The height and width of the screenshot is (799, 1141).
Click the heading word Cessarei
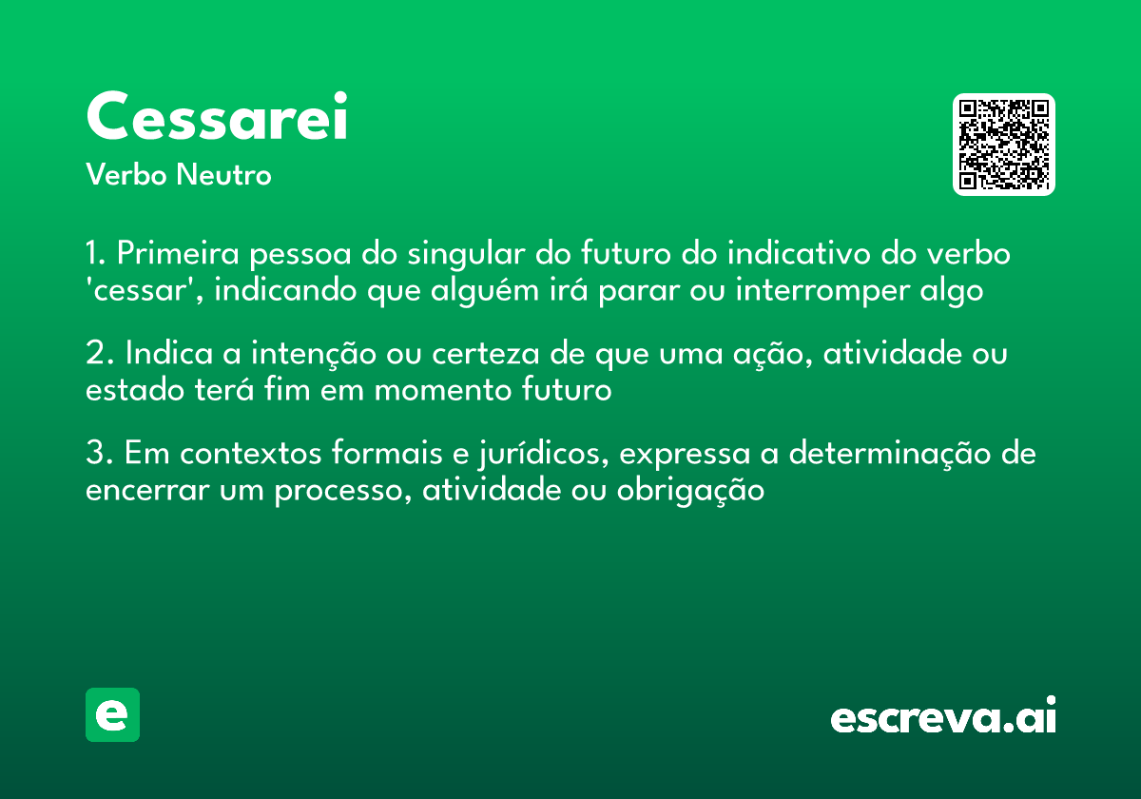coord(217,118)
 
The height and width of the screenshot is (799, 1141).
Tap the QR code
coord(1004,145)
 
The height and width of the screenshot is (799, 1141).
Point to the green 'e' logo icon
coord(112,714)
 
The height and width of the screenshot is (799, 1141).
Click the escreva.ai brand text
coord(943,717)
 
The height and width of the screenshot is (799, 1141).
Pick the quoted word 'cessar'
coord(144,290)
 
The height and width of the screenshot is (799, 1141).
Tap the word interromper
coord(821,290)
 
